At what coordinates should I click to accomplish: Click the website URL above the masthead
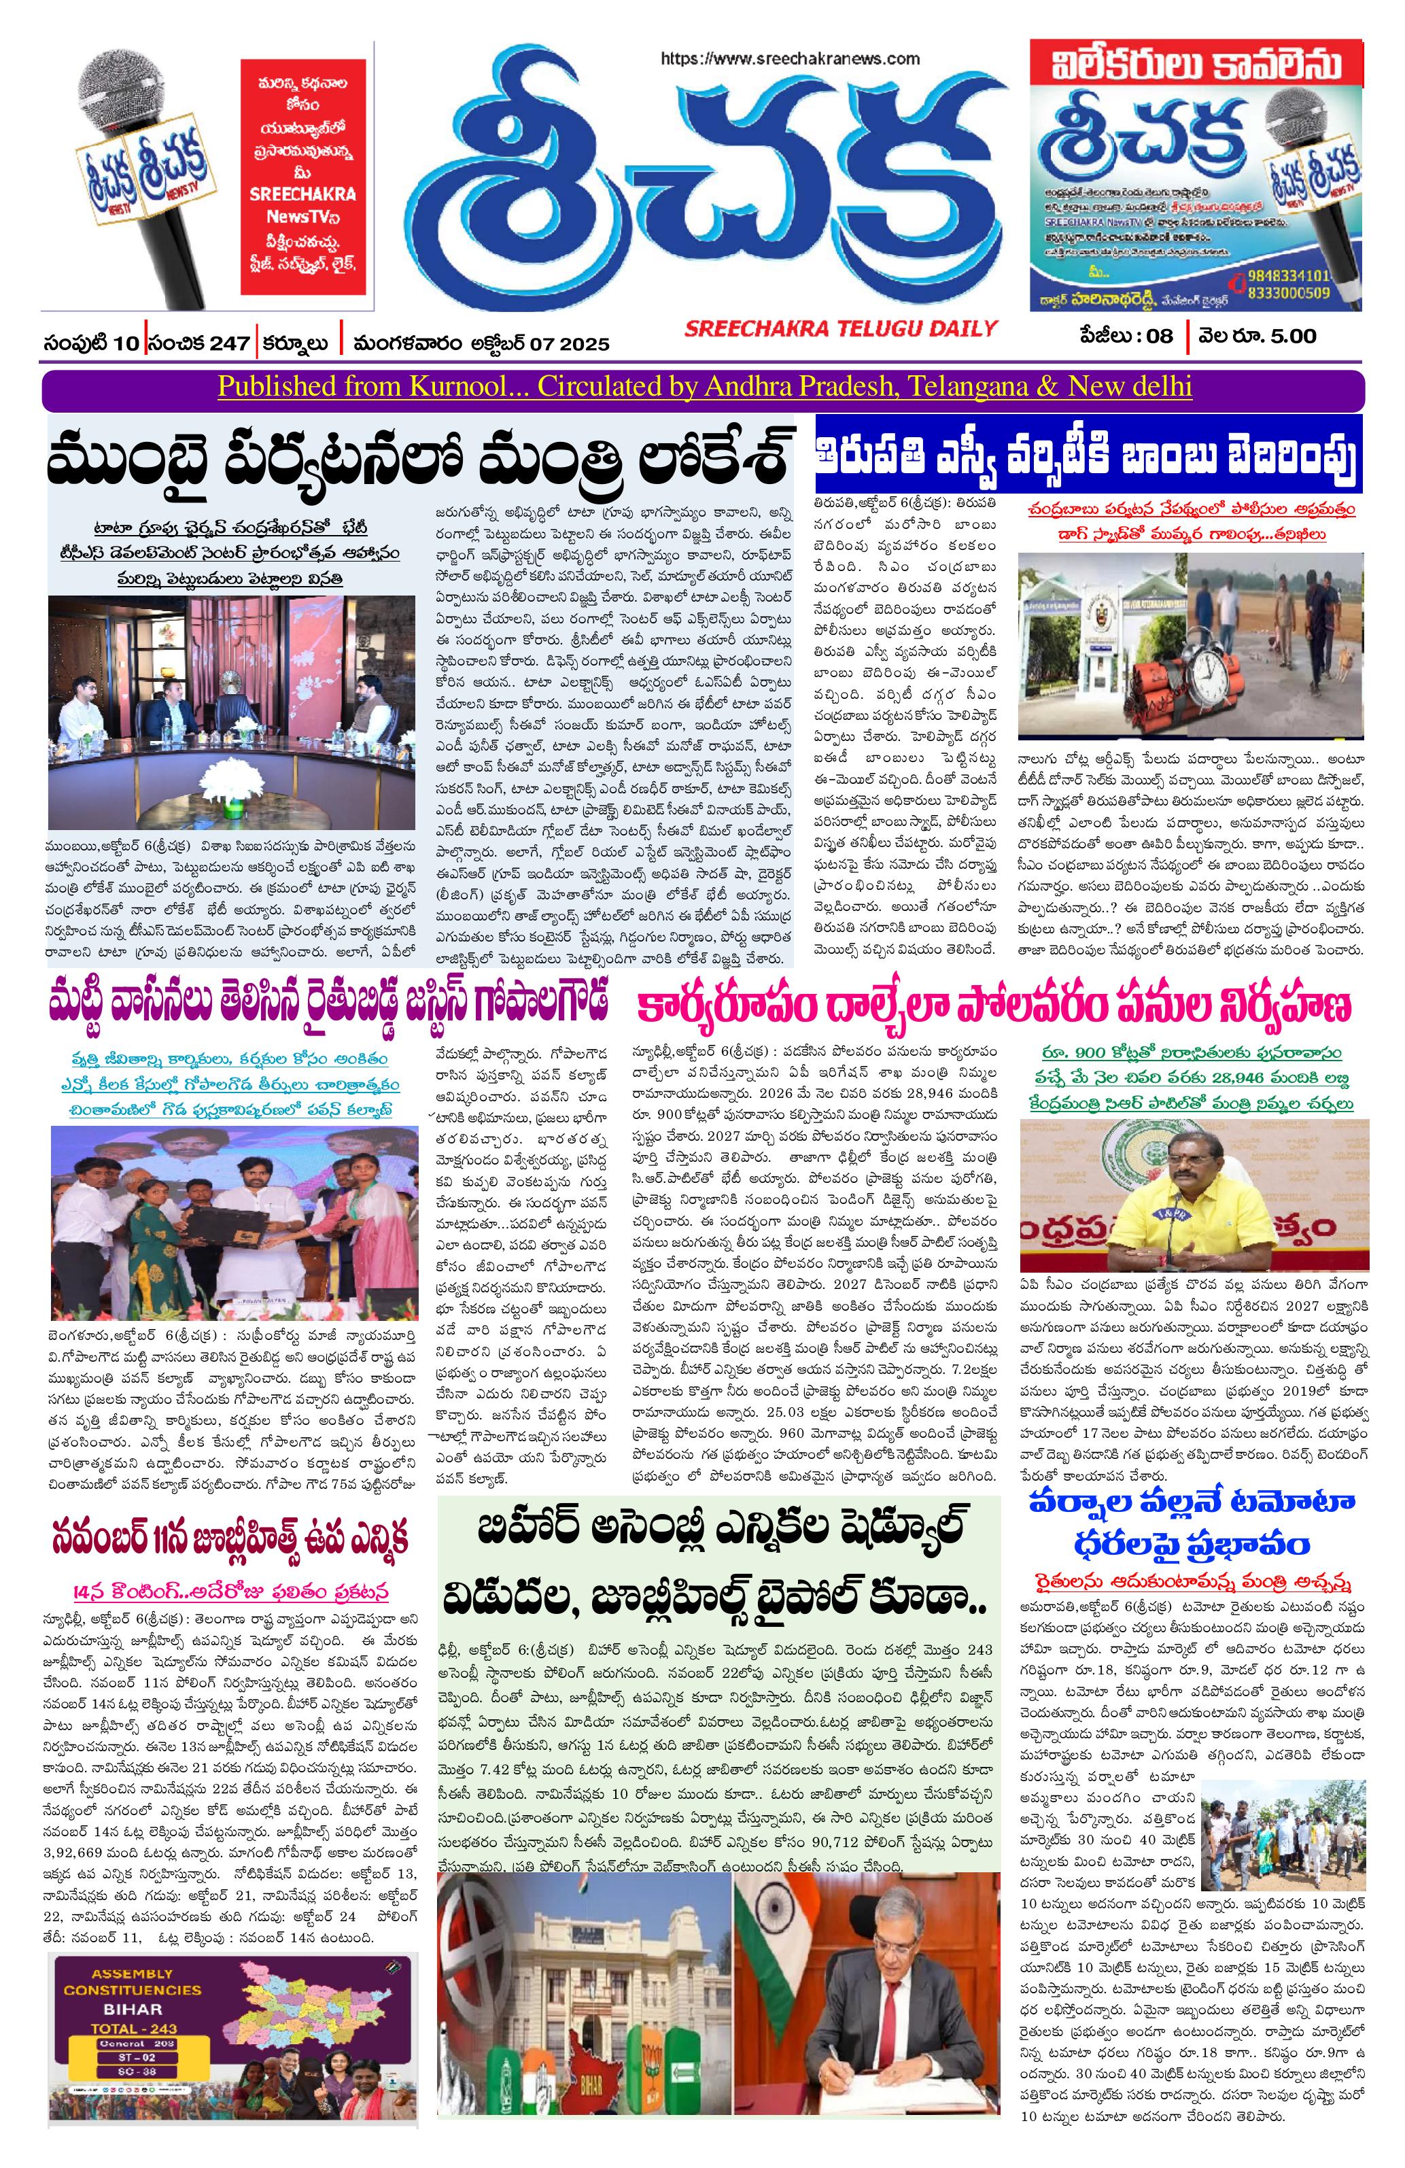pyautogui.click(x=789, y=58)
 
